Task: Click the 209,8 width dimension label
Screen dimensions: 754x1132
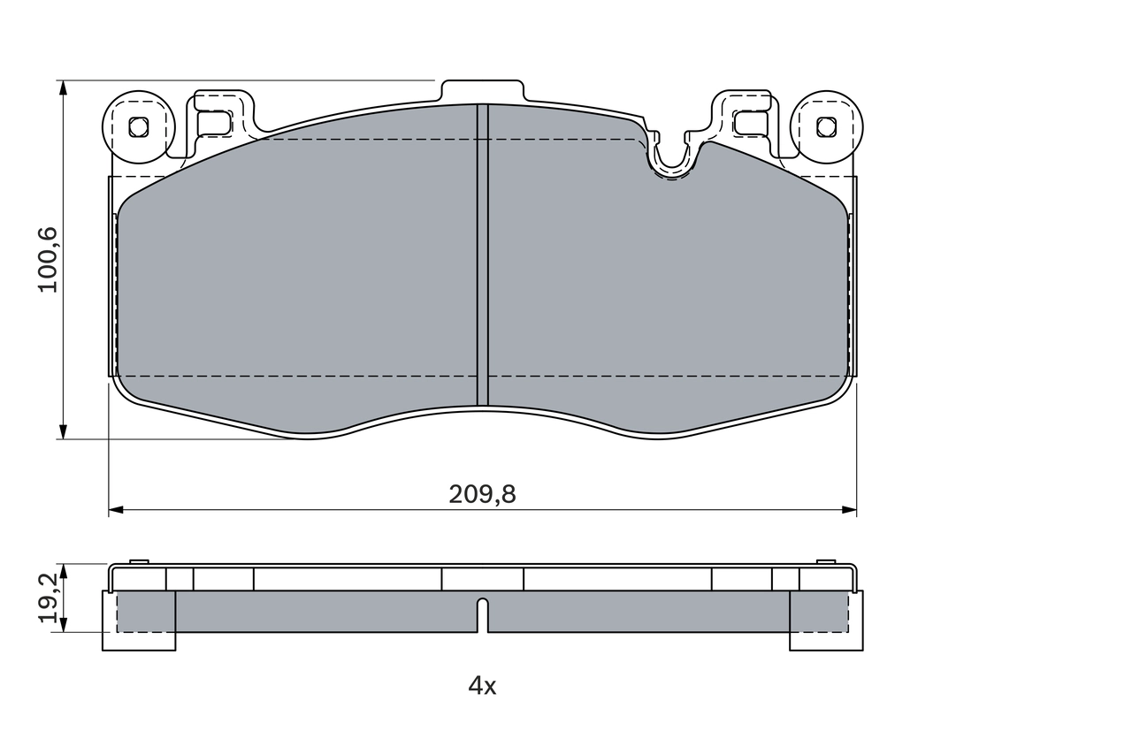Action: pyautogui.click(x=482, y=495)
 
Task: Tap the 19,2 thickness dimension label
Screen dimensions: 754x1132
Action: pyautogui.click(x=49, y=597)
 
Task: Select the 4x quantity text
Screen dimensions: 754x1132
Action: pyautogui.click(x=482, y=685)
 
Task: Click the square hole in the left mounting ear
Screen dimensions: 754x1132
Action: pyautogui.click(x=138, y=126)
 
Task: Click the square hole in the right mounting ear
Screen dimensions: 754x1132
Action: pyautogui.click(x=826, y=126)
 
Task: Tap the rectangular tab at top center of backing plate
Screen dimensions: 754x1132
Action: pyautogui.click(x=482, y=91)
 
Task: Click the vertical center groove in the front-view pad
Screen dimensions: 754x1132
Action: pyautogui.click(x=482, y=256)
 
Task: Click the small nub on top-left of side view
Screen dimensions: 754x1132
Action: pyautogui.click(x=139, y=561)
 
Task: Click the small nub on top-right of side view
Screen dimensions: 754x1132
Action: pyautogui.click(x=825, y=561)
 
